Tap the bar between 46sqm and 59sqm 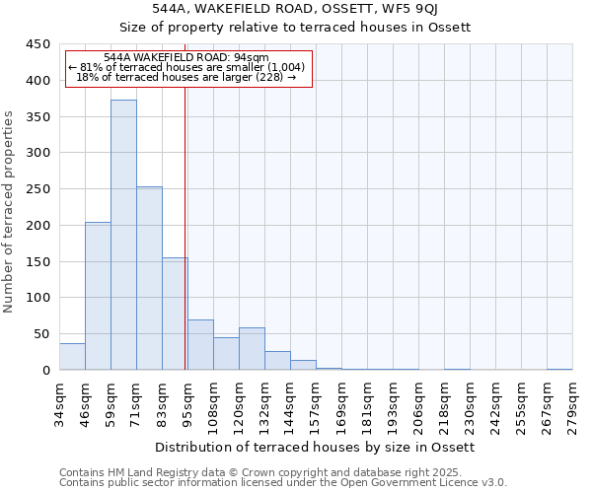98,296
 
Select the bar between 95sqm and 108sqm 200,345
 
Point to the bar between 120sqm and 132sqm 252,349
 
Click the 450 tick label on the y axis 37,44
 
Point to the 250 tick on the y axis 37,189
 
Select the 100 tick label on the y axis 37,298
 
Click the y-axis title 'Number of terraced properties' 9,211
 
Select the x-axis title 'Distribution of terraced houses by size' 316,447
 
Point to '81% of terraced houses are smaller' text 186,67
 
